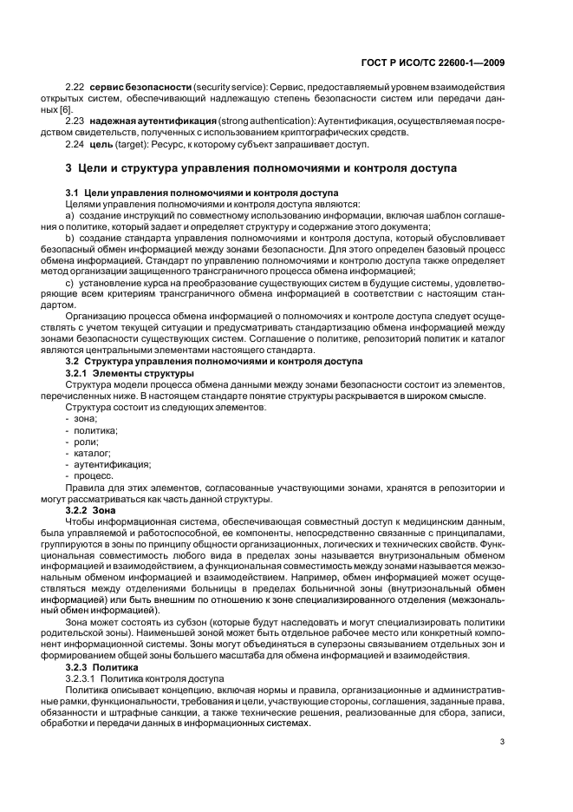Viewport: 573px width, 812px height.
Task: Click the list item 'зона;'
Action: click(85, 419)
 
